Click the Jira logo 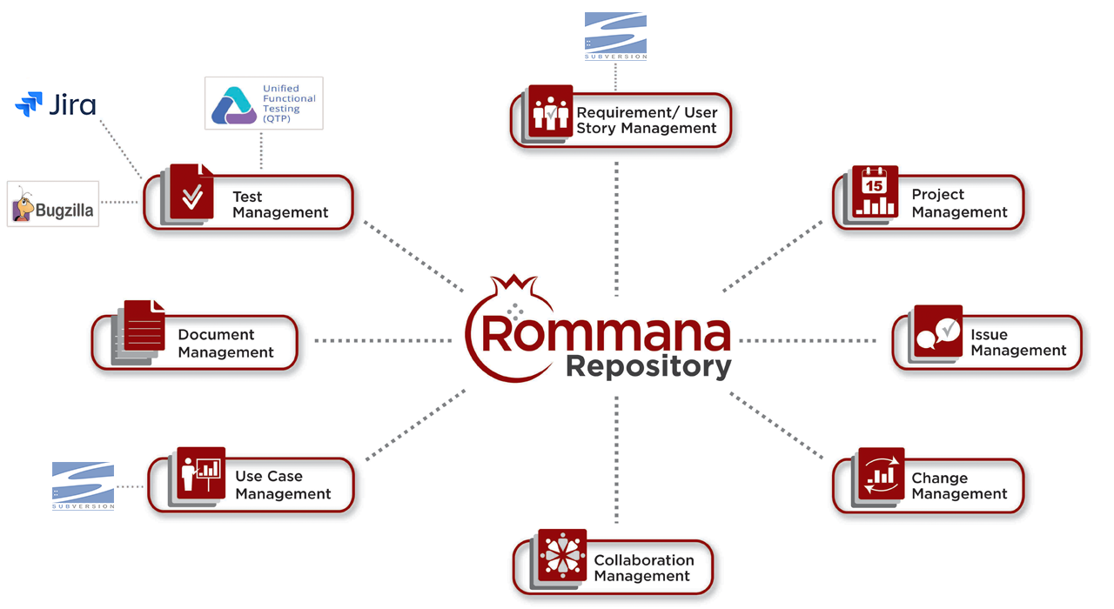(x=56, y=105)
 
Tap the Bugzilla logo (x=53, y=204)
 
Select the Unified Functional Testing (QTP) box (x=264, y=104)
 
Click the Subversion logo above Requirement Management (x=615, y=36)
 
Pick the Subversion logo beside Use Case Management (x=84, y=485)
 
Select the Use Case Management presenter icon (x=200, y=472)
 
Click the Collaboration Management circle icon (x=562, y=555)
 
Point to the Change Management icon (x=881, y=473)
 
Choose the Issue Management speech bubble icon (x=937, y=331)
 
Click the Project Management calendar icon (x=875, y=191)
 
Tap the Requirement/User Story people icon (x=550, y=110)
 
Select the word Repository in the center (x=648, y=366)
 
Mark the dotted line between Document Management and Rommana (x=383, y=340)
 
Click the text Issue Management (x=1017, y=343)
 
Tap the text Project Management (x=959, y=204)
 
